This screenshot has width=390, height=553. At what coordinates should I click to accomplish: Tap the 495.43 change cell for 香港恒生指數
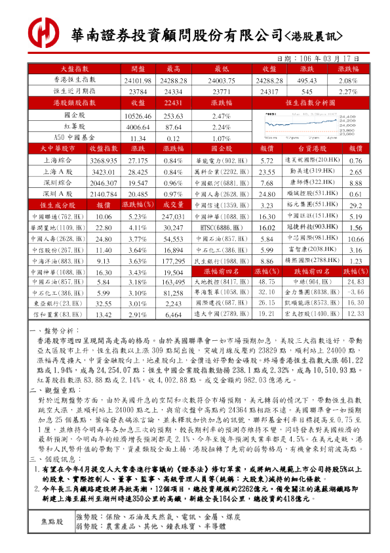(x=307, y=80)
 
